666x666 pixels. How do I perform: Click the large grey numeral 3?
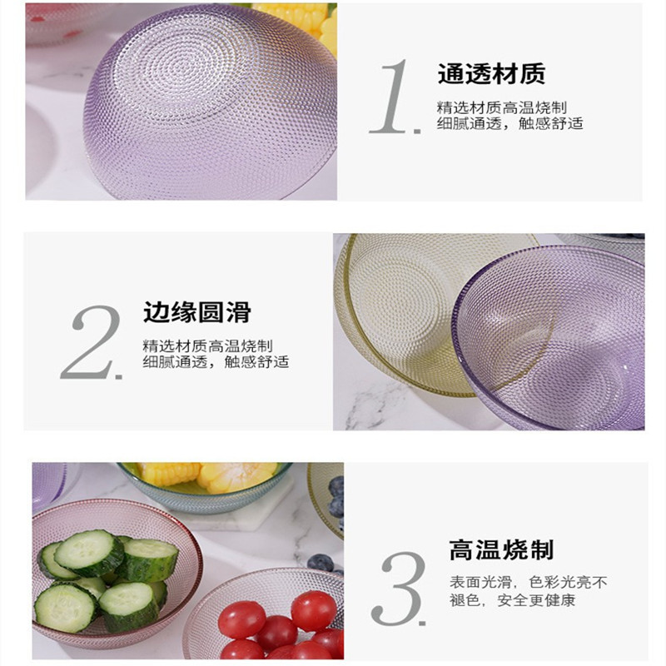tap(400, 588)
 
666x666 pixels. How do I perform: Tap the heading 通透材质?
tap(491, 74)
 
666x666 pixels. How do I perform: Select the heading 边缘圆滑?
tap(196, 313)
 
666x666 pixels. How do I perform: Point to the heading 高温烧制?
tap(501, 550)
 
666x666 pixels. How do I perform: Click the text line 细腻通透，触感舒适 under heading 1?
tap(509, 124)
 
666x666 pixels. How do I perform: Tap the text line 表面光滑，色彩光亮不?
tap(516, 582)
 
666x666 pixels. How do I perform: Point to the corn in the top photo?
tap(296, 18)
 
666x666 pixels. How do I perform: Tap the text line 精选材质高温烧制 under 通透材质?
tap(502, 107)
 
